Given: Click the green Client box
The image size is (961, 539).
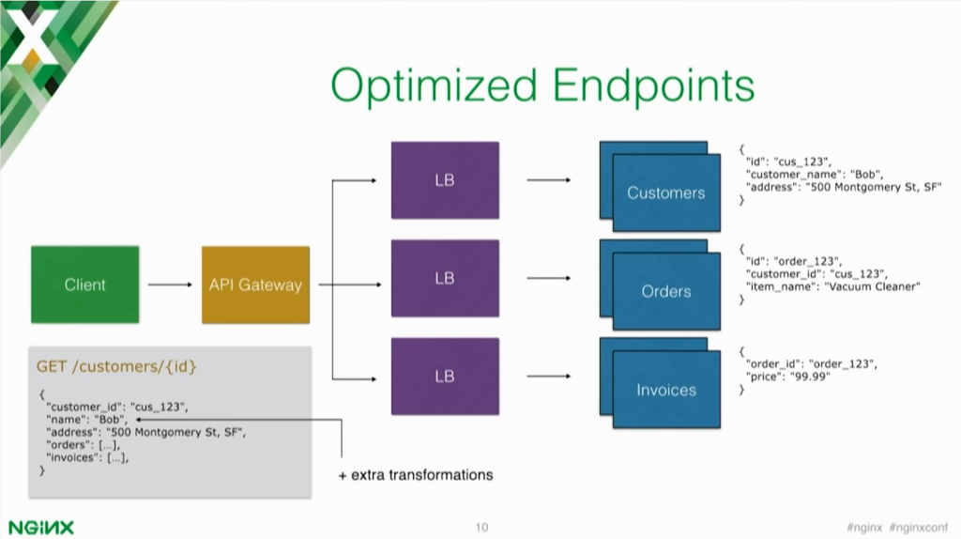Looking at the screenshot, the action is point(85,285).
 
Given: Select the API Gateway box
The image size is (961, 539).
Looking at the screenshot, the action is point(255,285).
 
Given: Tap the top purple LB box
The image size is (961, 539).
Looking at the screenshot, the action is point(445,180).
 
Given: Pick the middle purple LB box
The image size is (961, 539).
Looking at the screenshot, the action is point(445,278).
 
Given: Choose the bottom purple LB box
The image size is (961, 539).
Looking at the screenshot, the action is point(445,377).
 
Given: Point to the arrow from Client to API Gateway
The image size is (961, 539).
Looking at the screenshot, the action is point(170,285).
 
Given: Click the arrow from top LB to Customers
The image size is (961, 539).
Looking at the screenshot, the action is point(548,180).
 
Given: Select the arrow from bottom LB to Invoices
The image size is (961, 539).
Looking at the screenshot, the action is point(548,377).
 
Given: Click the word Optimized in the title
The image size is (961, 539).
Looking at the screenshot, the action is point(434,86).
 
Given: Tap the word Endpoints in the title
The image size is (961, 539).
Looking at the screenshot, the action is point(653,86).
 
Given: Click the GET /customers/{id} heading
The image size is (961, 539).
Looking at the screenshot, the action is point(116,367).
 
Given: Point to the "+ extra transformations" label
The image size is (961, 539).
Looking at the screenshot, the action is point(416,475).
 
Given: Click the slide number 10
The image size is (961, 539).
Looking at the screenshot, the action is point(481,528).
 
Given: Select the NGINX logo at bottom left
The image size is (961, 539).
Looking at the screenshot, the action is point(41,528).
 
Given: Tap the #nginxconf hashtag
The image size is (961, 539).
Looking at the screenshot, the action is point(919,528).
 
